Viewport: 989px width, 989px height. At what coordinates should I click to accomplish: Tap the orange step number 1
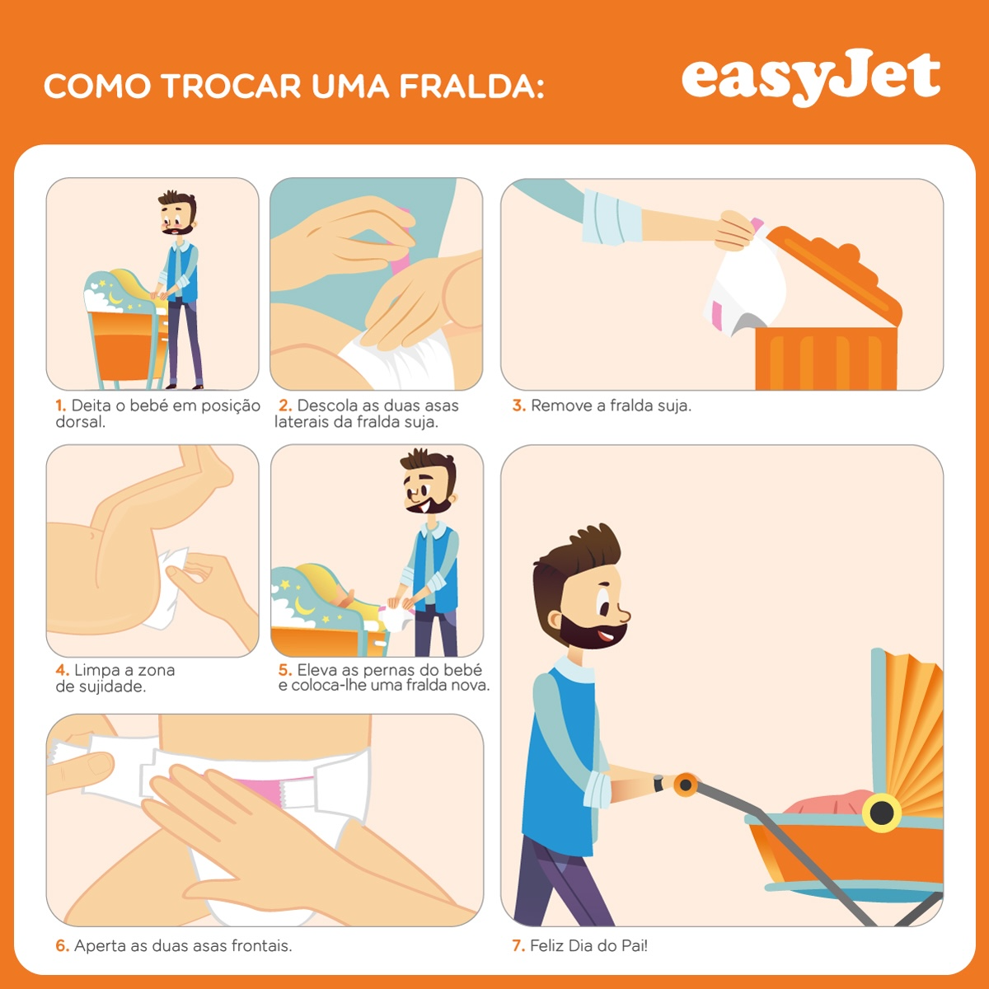tap(60, 405)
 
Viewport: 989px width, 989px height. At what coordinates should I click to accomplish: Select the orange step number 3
tap(518, 405)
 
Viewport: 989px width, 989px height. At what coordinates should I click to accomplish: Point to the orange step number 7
tap(518, 945)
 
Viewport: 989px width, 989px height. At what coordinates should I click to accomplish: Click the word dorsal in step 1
tap(80, 422)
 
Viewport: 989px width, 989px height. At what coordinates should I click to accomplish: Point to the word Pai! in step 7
tap(635, 945)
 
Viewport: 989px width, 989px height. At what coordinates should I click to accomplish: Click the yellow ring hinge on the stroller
tap(881, 812)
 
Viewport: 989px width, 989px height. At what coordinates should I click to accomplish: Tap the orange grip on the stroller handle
tap(686, 785)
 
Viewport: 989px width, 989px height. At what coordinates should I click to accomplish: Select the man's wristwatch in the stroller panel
tap(659, 784)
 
